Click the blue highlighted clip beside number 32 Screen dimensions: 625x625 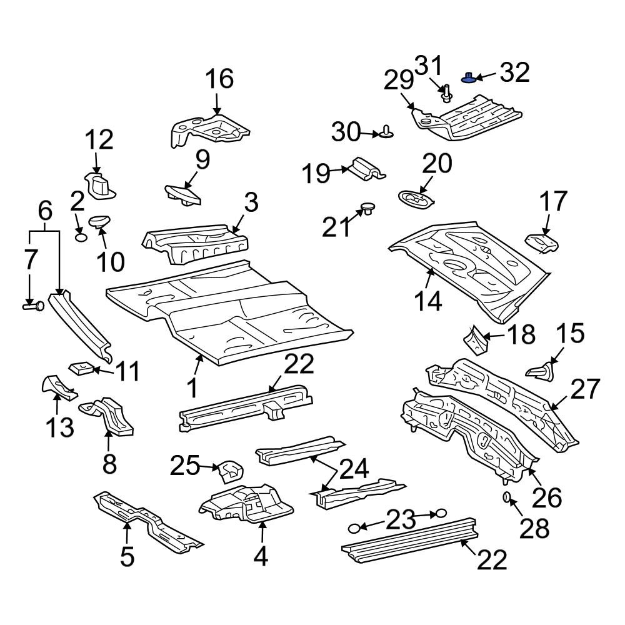469,77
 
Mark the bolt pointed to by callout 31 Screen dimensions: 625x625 447,94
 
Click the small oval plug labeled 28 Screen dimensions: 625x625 507,497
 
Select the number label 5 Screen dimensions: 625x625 127,555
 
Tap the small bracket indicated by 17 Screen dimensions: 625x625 541,242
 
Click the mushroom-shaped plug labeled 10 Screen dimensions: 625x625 99,221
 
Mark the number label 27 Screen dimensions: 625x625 584,388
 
